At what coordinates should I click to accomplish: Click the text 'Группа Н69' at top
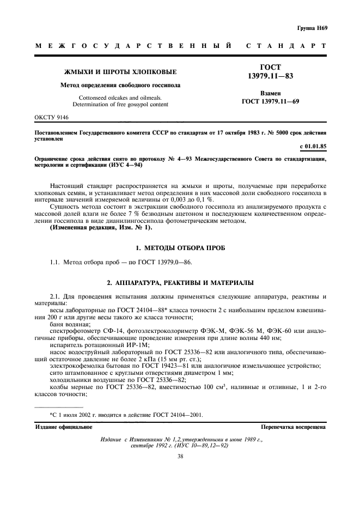[x=312, y=28]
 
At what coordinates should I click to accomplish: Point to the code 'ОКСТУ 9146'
[x=52, y=117]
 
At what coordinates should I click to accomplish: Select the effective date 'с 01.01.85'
[x=313, y=147]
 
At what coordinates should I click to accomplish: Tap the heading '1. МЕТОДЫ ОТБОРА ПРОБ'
[x=180, y=248]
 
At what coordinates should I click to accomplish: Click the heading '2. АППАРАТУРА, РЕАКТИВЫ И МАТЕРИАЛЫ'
[x=180, y=283]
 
